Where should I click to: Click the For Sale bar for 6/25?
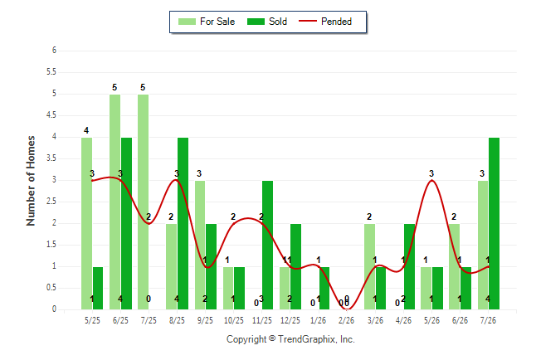115,202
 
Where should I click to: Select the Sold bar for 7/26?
494,224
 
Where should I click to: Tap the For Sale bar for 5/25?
86,224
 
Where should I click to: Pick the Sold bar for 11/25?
268,246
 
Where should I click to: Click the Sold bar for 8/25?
183,224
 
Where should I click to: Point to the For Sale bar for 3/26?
369,266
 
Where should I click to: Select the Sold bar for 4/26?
410,266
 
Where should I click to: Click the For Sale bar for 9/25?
200,246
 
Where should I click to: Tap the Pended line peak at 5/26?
431,180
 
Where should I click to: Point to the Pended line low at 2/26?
347,309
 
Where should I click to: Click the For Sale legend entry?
207,22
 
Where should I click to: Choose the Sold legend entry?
267,22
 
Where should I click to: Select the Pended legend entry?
325,22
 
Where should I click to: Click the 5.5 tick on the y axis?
51,72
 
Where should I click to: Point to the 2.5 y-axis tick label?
51,202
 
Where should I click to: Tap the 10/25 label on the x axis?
234,320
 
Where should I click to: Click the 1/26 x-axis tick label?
319,320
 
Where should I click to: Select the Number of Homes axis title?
31,181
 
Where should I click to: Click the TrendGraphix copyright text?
290,339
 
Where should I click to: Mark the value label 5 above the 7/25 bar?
143,88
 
